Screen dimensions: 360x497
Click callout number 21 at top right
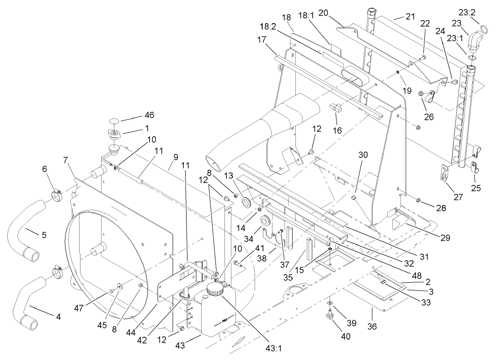click(410, 17)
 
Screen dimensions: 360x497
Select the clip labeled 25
click(474, 166)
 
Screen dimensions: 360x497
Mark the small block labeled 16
click(337, 108)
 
